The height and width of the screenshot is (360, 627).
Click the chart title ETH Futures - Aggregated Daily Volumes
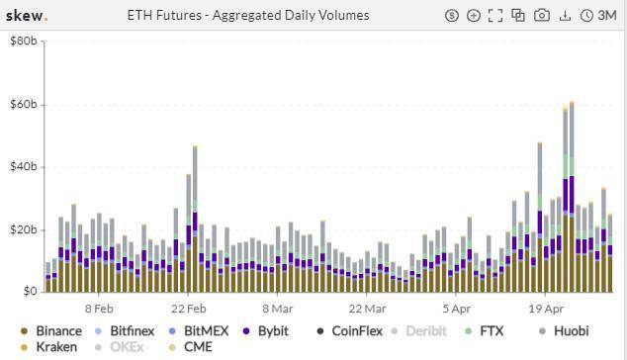pos(248,16)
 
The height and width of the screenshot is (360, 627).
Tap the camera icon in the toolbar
pos(542,16)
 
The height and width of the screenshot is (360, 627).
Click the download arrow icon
pos(565,16)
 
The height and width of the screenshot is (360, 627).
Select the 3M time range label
pos(605,16)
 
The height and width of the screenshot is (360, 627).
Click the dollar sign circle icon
pos(452,16)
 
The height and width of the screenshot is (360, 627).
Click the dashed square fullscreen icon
pos(495,16)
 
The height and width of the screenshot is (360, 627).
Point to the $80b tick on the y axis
pos(23,42)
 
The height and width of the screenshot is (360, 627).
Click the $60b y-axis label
pos(23,104)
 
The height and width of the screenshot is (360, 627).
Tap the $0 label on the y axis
pos(30,292)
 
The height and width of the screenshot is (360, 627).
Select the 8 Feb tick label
pos(99,309)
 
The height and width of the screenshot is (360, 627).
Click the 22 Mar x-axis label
pos(367,309)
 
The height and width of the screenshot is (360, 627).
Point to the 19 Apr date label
pos(545,309)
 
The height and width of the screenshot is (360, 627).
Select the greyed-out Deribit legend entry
pos(425,331)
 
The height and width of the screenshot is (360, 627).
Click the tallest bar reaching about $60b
pos(571,198)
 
